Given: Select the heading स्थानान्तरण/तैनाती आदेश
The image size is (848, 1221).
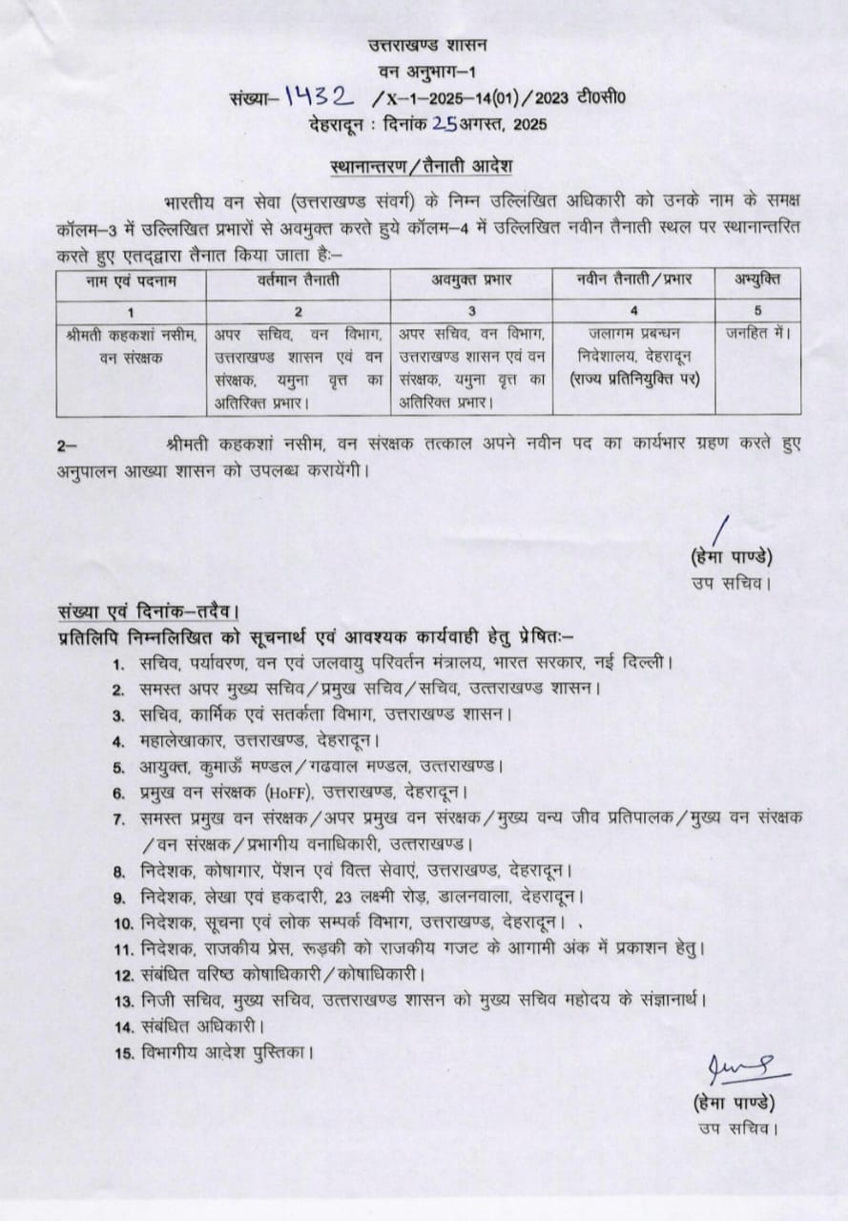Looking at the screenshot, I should [421, 165].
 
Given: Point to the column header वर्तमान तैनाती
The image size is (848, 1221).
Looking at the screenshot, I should [297, 281].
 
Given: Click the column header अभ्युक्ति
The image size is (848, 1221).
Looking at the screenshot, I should [756, 279].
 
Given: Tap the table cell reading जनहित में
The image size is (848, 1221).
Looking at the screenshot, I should [757, 333].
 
